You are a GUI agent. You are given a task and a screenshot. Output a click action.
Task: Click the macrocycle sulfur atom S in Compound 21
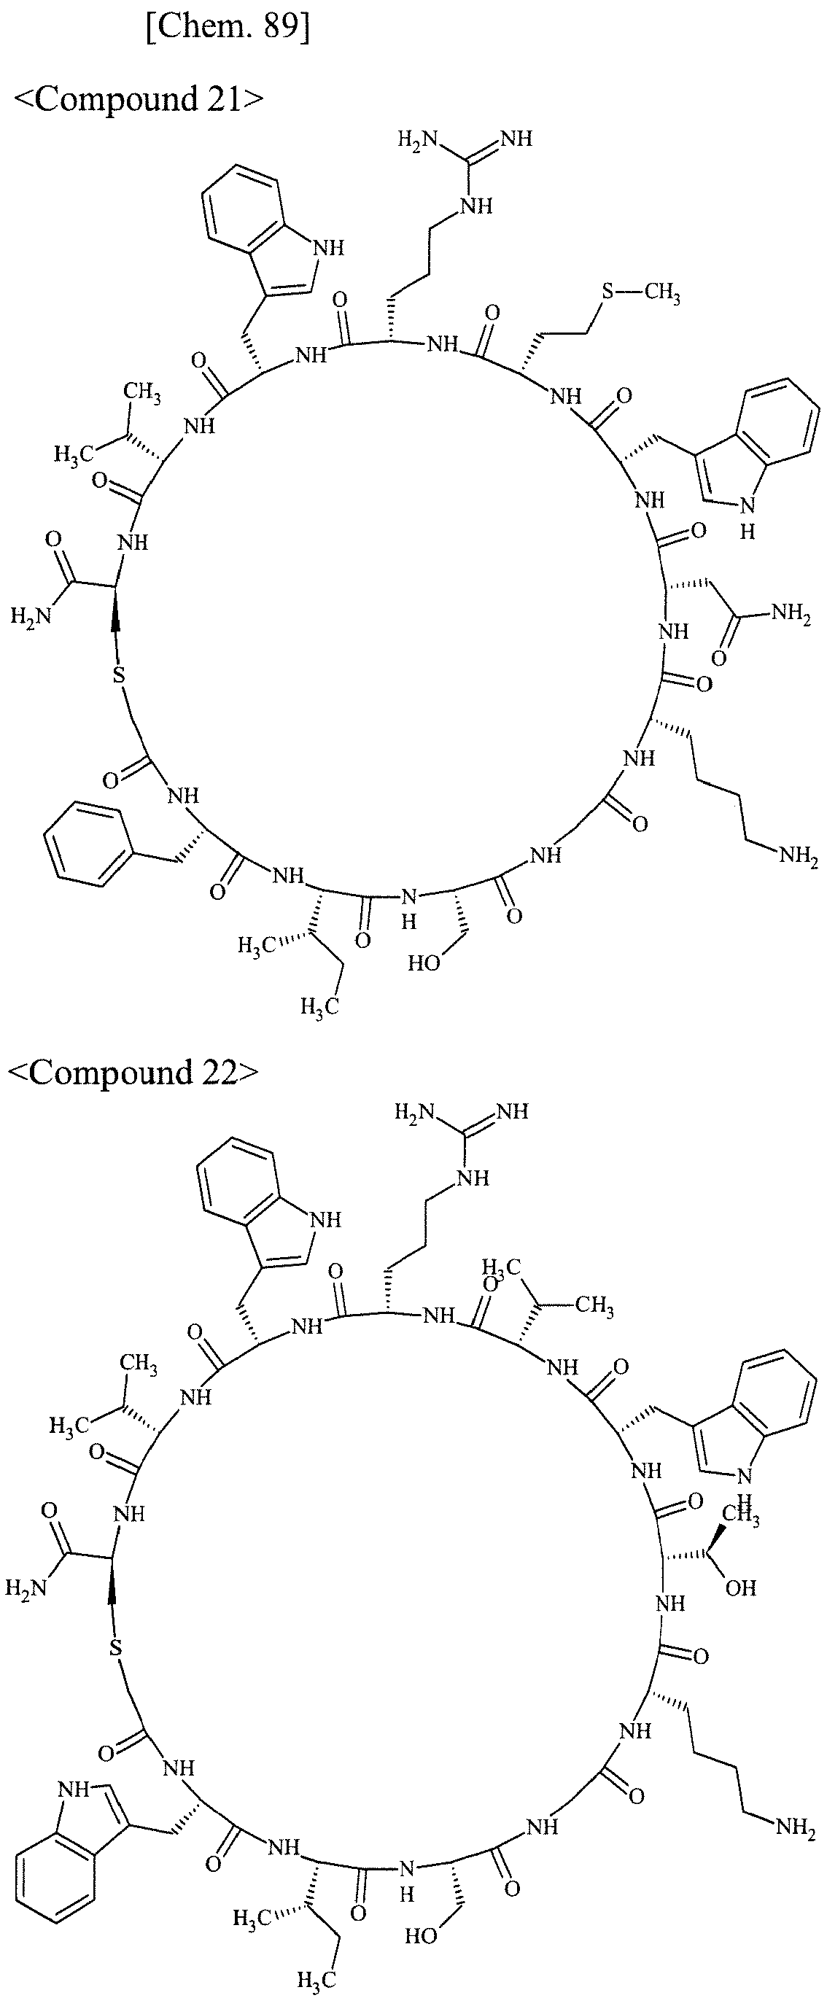[x=118, y=675]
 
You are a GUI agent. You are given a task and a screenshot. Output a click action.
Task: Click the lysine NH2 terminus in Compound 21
[x=799, y=858]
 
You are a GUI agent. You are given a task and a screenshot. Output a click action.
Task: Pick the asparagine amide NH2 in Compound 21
[x=791, y=615]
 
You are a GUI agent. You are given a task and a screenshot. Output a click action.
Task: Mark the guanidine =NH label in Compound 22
[x=512, y=1111]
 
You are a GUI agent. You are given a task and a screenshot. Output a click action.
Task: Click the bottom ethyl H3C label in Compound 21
[x=320, y=1008]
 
